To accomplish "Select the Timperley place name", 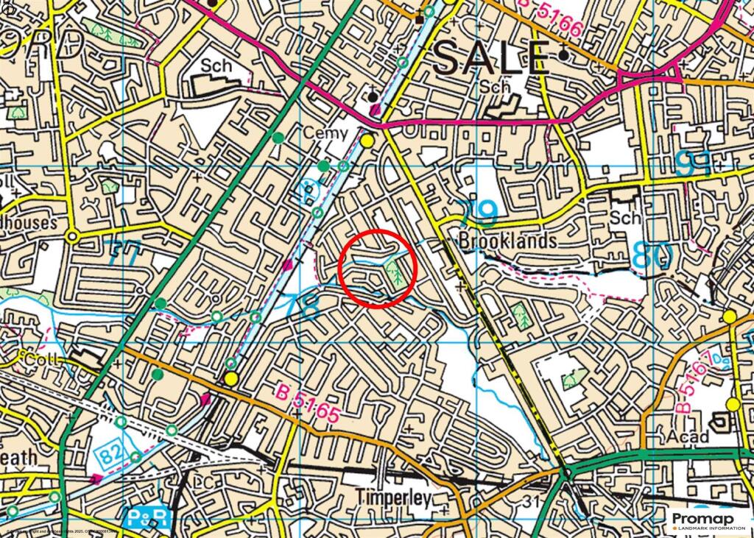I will coord(392,498).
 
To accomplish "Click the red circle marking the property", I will coord(378,269).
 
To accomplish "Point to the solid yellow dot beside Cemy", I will coord(366,140).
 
